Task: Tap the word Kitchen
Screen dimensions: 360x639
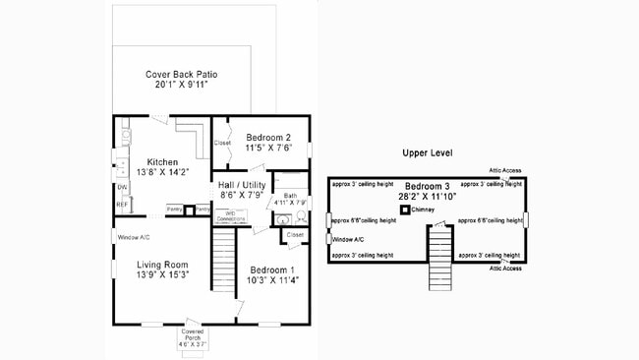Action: click(162, 161)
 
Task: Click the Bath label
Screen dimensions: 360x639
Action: click(290, 195)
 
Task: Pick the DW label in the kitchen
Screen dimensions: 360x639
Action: click(122, 187)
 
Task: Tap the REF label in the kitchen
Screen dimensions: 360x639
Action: click(122, 205)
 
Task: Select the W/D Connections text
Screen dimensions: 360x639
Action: click(230, 214)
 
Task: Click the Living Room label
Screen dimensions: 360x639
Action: click(161, 264)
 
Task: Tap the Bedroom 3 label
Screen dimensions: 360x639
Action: click(428, 186)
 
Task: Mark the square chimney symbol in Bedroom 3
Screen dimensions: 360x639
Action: click(404, 209)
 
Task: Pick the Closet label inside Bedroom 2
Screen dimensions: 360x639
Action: click(223, 143)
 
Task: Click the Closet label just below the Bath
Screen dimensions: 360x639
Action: click(295, 235)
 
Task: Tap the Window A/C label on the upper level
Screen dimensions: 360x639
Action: click(350, 239)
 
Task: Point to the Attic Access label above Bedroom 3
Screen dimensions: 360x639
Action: click(503, 170)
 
